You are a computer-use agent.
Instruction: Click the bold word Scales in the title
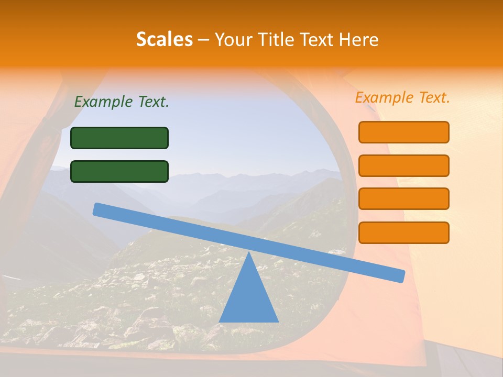click(x=164, y=40)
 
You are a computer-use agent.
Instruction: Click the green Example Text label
click(x=122, y=102)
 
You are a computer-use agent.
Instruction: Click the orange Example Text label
click(x=402, y=97)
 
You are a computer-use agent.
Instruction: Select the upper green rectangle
click(x=119, y=138)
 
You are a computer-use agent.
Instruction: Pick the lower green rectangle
click(x=119, y=171)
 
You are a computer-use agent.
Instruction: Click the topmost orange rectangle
click(x=403, y=132)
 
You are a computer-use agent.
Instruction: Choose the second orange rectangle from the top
click(x=403, y=165)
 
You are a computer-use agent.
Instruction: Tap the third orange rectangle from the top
click(x=403, y=199)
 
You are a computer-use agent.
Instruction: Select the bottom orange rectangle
click(x=403, y=232)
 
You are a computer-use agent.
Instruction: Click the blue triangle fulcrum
click(x=248, y=298)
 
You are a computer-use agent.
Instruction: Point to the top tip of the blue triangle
click(x=248, y=253)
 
